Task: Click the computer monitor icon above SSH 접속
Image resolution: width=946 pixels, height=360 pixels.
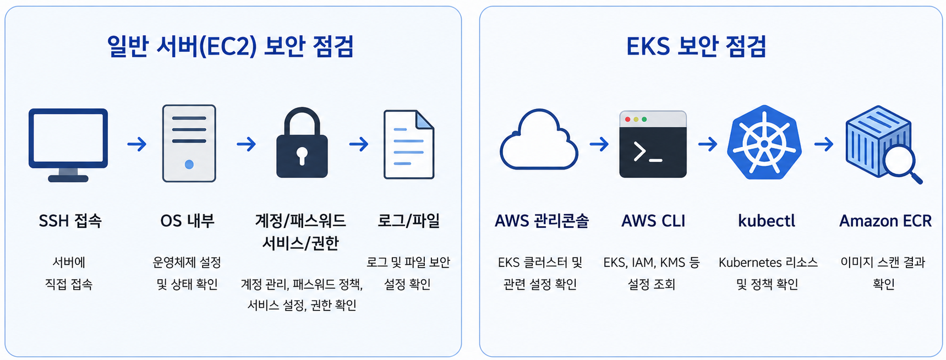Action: click(x=68, y=144)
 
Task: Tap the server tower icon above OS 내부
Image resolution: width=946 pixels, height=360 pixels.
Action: click(x=189, y=143)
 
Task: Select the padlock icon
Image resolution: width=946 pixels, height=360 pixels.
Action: click(x=302, y=143)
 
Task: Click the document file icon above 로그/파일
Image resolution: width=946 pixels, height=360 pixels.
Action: click(x=409, y=144)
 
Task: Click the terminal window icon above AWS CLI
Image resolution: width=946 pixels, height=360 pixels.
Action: click(x=653, y=144)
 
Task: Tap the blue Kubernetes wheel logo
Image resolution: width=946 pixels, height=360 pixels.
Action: click(x=764, y=142)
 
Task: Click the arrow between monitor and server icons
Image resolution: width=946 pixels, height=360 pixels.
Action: click(x=137, y=144)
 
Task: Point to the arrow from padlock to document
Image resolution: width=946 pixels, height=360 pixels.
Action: click(x=359, y=144)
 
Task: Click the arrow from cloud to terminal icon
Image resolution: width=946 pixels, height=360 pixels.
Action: click(x=599, y=144)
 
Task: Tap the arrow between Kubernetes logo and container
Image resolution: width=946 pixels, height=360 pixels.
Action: click(x=824, y=144)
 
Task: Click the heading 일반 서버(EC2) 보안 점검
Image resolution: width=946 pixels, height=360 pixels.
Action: click(x=230, y=46)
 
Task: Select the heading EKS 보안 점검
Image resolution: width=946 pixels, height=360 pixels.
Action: click(x=696, y=46)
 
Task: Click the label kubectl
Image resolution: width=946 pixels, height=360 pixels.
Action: click(x=767, y=221)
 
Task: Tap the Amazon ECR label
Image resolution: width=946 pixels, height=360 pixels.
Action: click(x=885, y=221)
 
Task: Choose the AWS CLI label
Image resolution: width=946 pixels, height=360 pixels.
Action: click(x=653, y=221)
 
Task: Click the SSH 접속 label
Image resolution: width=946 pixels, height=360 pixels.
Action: click(x=70, y=221)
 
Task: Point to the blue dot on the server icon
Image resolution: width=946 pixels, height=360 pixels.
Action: click(x=189, y=164)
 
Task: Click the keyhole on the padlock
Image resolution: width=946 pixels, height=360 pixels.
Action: click(x=302, y=155)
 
